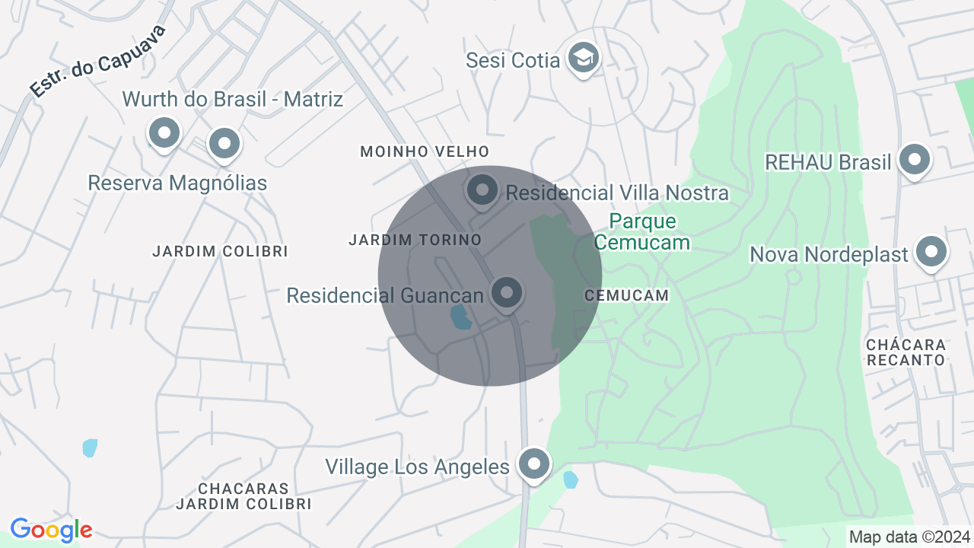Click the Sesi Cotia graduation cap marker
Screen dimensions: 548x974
click(584, 57)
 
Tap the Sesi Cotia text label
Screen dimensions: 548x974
click(514, 60)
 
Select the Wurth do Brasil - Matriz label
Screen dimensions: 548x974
click(233, 99)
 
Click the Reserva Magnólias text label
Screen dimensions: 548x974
click(177, 183)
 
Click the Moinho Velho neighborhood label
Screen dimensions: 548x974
click(425, 151)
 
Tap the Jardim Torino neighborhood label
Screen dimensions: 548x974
click(415, 240)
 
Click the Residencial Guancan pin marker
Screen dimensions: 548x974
click(507, 292)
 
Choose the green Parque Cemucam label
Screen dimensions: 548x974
click(642, 231)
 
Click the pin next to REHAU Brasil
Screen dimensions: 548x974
click(915, 160)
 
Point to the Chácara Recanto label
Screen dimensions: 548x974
click(906, 352)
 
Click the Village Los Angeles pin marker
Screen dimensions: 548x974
click(533, 463)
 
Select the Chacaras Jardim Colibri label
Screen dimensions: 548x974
click(243, 495)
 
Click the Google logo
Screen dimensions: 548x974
click(51, 530)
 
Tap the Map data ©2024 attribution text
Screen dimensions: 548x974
click(909, 537)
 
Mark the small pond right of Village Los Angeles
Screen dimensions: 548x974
click(570, 479)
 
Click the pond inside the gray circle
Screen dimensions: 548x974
click(460, 317)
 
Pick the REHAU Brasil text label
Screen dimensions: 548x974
click(827, 162)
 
